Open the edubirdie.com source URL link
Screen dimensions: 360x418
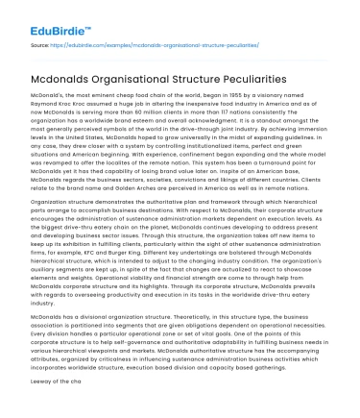point(162,45)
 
